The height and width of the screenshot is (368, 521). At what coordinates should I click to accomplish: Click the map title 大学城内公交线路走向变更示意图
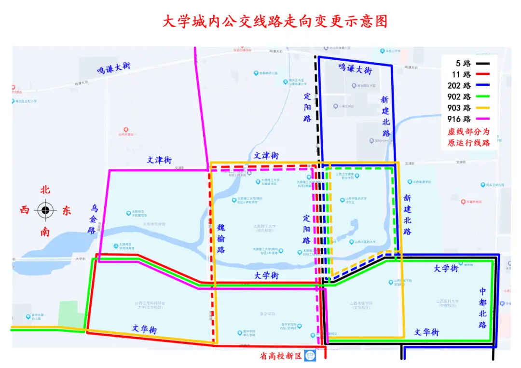point(274,22)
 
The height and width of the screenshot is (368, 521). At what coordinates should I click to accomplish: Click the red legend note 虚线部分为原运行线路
point(468,137)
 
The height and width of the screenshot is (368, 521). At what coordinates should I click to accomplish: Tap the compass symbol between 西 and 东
point(45,210)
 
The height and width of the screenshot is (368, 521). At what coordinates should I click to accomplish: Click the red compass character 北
point(45,190)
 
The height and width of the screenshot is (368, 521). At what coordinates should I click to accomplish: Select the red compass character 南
point(45,232)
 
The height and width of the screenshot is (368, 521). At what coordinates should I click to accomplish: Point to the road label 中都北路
point(483,308)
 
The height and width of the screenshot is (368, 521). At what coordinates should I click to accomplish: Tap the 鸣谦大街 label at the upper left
point(114,68)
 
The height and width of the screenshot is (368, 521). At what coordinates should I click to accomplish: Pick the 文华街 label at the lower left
point(145,329)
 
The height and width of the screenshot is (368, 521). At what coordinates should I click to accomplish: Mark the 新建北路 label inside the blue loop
point(385,116)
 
